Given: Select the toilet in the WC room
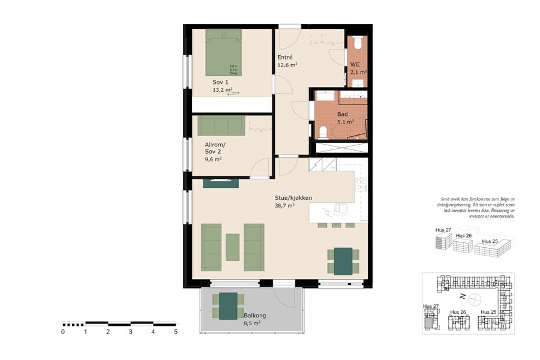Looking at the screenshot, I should click(x=358, y=43).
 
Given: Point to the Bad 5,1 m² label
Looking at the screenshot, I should click(x=344, y=118).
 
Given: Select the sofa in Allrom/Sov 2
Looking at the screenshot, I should click(x=221, y=126).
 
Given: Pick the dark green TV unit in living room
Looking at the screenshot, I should click(x=221, y=183).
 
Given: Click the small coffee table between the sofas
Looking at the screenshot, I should click(x=233, y=247).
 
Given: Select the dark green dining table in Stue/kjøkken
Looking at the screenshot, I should click(x=343, y=261).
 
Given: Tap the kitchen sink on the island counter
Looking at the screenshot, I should click(x=340, y=209).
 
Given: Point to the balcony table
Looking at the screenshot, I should click(x=228, y=306).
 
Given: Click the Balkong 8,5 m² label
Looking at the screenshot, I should click(x=254, y=319).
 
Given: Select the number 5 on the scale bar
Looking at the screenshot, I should click(x=176, y=331).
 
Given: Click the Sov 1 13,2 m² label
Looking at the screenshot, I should click(x=222, y=86).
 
